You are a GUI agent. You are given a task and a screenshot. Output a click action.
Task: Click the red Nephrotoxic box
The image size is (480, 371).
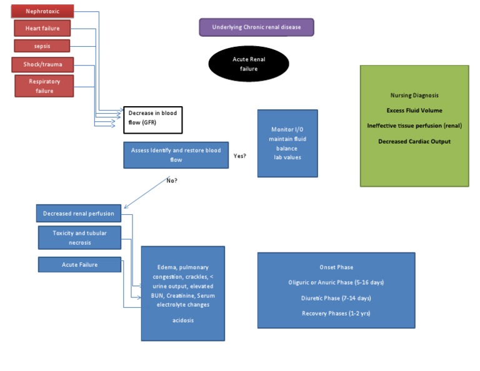click(x=42, y=11)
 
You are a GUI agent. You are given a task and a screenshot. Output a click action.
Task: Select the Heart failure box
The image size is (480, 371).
click(x=42, y=29)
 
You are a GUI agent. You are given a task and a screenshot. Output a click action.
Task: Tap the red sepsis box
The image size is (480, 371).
click(x=42, y=46)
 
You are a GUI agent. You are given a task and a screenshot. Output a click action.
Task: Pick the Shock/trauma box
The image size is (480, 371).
click(x=42, y=64)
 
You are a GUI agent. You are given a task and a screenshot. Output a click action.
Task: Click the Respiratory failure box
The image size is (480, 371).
click(x=44, y=86)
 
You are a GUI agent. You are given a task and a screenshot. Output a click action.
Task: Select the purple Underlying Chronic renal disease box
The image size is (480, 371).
click(x=256, y=27)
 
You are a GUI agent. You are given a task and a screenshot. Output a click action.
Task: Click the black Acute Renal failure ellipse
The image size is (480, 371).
click(x=249, y=64)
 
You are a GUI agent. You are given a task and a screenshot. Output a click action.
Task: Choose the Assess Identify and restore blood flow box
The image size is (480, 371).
click(x=176, y=155)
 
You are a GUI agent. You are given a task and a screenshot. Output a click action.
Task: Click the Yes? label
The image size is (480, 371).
click(x=239, y=156)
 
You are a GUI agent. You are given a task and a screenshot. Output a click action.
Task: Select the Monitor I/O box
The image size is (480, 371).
click(x=287, y=143)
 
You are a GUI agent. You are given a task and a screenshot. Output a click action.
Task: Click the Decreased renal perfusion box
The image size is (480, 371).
click(x=79, y=214)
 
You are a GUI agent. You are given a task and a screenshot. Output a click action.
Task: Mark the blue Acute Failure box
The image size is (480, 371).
click(x=80, y=265)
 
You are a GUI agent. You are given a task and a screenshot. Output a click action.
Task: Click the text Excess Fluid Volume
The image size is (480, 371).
click(x=414, y=111)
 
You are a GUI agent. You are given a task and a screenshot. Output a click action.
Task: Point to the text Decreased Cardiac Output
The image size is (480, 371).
click(x=414, y=141)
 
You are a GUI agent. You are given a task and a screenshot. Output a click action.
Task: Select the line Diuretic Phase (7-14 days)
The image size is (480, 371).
click(x=336, y=298)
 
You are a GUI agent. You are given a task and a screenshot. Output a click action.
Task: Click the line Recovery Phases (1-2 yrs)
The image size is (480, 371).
click(x=336, y=313)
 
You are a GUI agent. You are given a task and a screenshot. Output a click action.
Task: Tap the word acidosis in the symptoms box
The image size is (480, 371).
click(x=183, y=320)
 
